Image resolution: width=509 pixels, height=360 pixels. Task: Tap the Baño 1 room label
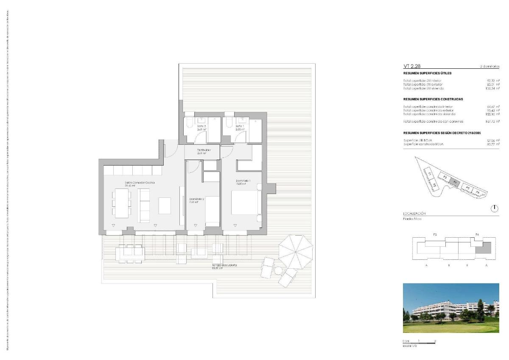pos(240,127)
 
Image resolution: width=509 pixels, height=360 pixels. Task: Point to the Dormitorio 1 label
pos(243,182)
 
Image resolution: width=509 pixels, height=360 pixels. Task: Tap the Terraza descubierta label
pos(224,267)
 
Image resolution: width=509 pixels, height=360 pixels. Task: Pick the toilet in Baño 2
pos(189,122)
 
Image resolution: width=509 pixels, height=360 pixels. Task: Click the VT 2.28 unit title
pos(411,66)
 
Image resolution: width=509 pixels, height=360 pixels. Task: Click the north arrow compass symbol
pos(495,208)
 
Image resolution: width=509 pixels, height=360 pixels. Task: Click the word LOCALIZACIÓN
pos(414,214)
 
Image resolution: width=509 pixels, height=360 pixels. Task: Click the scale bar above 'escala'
pos(419,343)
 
